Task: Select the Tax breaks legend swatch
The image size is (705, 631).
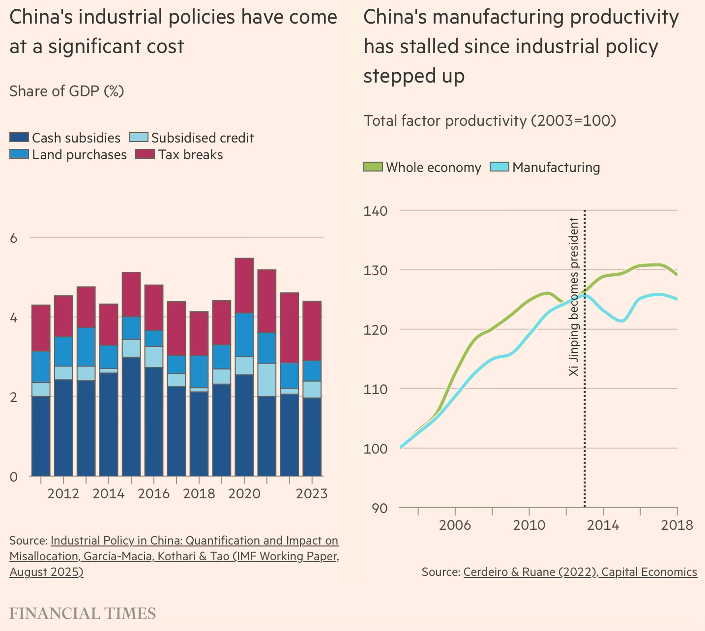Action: point(146,154)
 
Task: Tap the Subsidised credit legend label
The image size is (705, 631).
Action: point(203,138)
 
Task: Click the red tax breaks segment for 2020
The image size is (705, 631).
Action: point(244,286)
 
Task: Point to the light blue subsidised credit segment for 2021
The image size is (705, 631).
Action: point(266,380)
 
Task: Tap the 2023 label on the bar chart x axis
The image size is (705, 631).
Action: point(311,493)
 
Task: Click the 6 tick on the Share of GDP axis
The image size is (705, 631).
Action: point(13,238)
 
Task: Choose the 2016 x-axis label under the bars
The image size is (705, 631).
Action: point(153,493)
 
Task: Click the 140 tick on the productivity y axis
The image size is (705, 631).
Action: point(376,211)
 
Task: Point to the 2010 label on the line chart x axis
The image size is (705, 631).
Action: point(529,525)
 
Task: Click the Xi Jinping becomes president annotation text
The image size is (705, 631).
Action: point(574,297)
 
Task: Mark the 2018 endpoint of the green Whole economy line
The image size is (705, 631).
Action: point(677,275)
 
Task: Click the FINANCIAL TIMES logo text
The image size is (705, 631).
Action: point(83,613)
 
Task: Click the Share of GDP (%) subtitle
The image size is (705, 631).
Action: point(66,91)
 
